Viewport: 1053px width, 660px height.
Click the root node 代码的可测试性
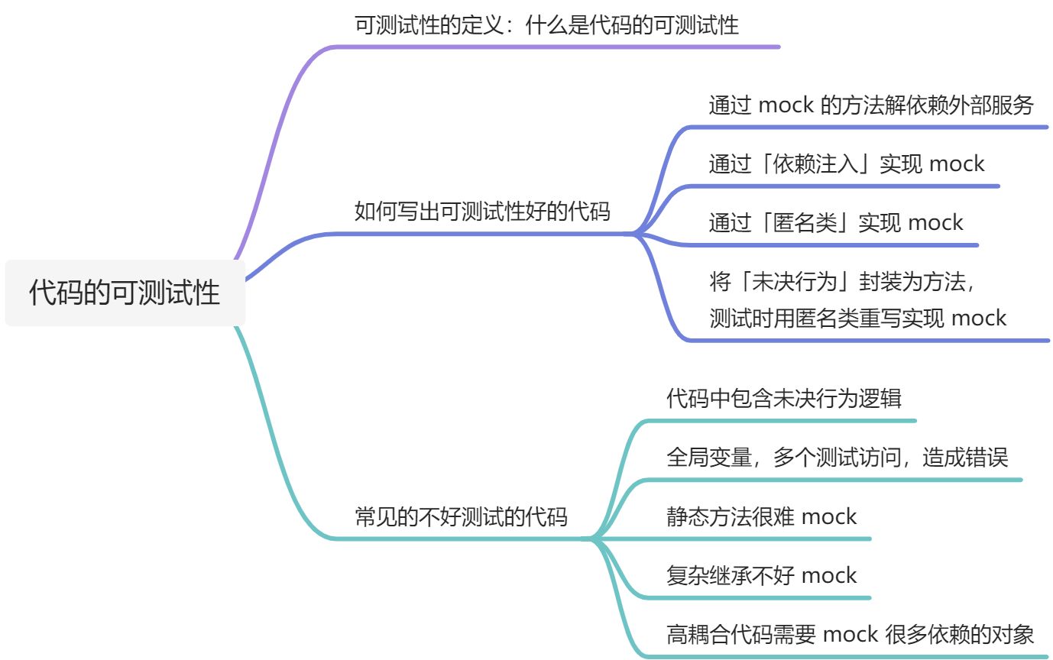pyautogui.click(x=125, y=293)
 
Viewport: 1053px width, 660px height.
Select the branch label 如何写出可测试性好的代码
pyautogui.click(x=482, y=211)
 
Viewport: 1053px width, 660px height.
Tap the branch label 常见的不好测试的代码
pyautogui.click(x=461, y=517)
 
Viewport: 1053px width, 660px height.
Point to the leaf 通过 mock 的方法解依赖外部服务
pyautogui.click(x=870, y=105)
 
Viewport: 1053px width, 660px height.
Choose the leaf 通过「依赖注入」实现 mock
pyautogui.click(x=846, y=163)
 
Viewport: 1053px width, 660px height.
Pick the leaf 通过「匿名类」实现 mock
pyautogui.click(x=835, y=222)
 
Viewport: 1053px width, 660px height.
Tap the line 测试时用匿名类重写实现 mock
pyautogui.click(x=857, y=317)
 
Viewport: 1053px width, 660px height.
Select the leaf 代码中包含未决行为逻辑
pyautogui.click(x=783, y=398)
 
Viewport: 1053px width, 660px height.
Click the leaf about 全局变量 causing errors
pyautogui.click(x=837, y=457)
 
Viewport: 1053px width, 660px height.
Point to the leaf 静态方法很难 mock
pyautogui.click(x=761, y=516)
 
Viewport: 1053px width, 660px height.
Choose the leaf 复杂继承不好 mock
pyautogui.click(x=761, y=575)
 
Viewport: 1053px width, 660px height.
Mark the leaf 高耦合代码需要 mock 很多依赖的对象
pyautogui.click(x=850, y=634)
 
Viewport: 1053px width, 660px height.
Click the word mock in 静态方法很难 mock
pyautogui.click(x=829, y=516)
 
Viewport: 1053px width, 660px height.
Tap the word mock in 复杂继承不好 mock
pyautogui.click(x=829, y=575)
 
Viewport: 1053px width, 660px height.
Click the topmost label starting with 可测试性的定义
pyautogui.click(x=546, y=25)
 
